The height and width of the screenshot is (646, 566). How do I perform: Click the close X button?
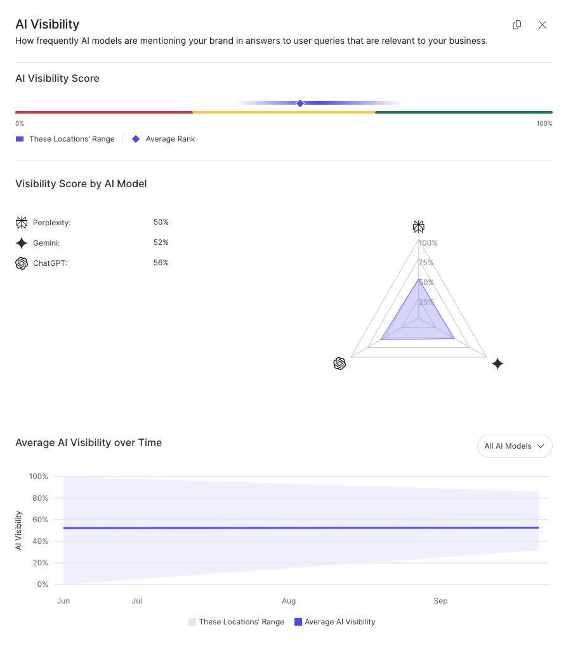tap(543, 25)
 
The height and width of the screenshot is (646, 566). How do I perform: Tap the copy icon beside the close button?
tap(517, 25)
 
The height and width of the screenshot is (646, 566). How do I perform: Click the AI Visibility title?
tap(48, 24)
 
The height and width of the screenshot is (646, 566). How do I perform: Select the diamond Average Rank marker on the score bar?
tap(300, 103)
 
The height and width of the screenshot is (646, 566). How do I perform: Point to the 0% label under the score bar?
tap(20, 123)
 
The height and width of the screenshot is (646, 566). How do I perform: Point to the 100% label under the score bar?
tap(544, 123)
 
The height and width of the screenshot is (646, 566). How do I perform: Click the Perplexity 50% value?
tap(161, 222)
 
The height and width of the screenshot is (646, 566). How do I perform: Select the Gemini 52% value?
tap(161, 242)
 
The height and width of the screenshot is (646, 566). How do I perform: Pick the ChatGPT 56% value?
tap(161, 263)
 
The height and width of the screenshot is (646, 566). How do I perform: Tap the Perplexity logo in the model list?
tap(22, 223)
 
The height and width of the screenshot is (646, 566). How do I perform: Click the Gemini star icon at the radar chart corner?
tap(497, 364)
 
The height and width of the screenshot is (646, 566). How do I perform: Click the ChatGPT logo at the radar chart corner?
tap(339, 364)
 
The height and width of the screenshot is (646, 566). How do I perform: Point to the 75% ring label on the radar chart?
tap(426, 263)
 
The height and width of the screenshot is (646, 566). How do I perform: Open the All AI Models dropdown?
tap(515, 446)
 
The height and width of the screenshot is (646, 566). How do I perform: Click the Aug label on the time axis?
tap(289, 601)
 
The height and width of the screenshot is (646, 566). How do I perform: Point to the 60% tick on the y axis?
tap(39, 520)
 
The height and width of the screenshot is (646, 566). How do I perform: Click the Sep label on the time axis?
tap(440, 601)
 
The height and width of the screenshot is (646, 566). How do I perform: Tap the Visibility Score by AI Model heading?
tap(81, 184)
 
